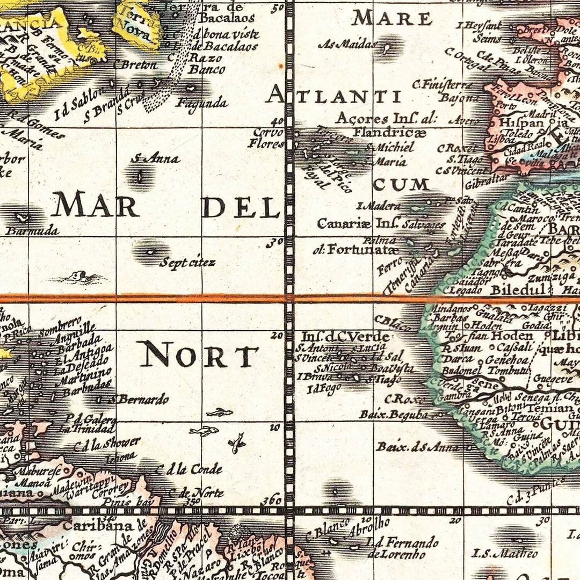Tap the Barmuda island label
click(32, 231)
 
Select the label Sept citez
click(187, 263)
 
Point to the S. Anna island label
click(155, 158)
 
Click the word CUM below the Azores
click(401, 185)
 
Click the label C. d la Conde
click(189, 469)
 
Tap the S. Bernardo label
click(139, 399)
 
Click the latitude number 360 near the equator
click(272, 500)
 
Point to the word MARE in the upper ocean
click(392, 19)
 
